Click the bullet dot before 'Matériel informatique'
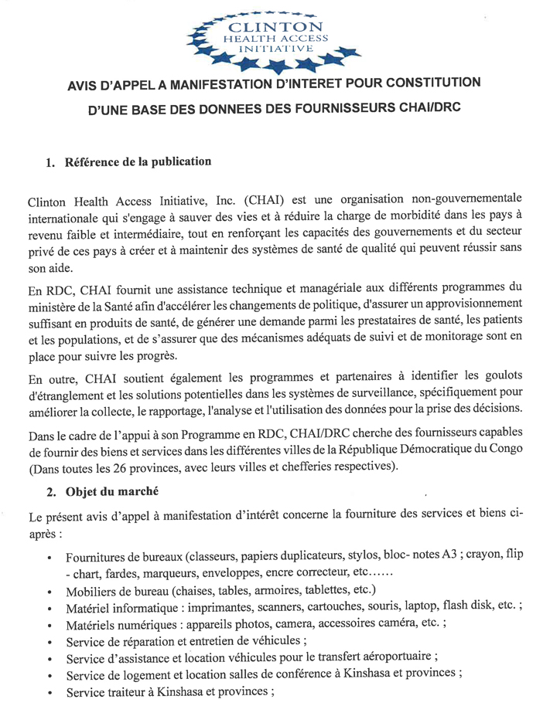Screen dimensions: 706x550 click(x=49, y=610)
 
